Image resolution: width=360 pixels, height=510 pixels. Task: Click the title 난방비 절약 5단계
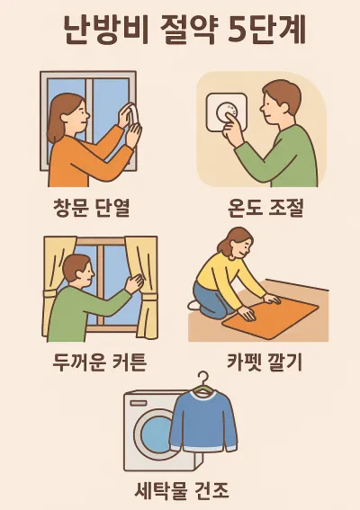point(184,30)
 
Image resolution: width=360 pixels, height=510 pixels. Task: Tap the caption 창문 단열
point(92,207)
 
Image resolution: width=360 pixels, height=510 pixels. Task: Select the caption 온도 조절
point(265,207)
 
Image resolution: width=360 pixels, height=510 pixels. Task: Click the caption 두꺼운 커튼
point(99,362)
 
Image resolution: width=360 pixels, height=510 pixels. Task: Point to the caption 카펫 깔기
point(265,362)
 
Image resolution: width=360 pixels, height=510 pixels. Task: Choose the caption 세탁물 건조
point(183,490)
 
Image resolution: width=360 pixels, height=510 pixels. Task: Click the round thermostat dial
point(228,112)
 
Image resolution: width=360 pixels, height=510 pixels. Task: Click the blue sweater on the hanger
point(203,420)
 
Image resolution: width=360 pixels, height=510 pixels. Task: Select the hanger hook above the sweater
point(202,378)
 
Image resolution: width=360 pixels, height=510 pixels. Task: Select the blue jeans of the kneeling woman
point(211,300)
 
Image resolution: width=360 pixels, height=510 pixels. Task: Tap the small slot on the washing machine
point(138,403)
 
